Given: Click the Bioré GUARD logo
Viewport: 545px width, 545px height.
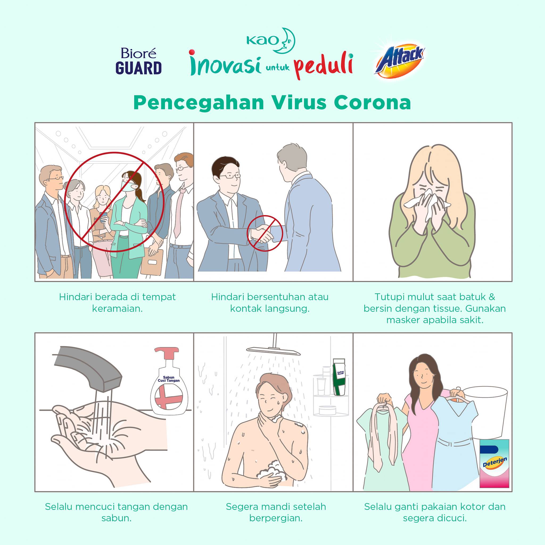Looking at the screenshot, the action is (138, 61).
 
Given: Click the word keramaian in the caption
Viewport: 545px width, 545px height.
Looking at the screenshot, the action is (117, 309).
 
